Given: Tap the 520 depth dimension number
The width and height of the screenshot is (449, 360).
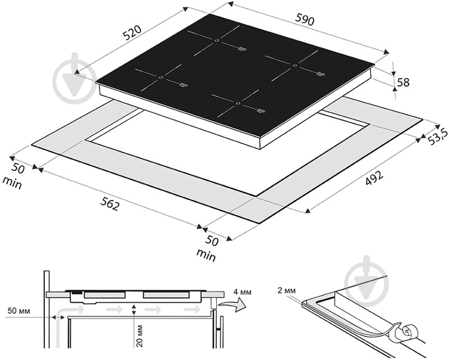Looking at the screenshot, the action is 132,32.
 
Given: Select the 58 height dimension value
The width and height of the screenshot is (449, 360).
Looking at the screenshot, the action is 403,83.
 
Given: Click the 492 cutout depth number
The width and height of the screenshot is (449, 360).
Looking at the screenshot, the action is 374,177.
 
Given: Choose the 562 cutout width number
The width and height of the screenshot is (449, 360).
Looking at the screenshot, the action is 109,204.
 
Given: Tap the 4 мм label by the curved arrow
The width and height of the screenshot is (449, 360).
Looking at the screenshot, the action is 242,292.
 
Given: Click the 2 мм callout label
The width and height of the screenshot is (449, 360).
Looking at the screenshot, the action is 286,290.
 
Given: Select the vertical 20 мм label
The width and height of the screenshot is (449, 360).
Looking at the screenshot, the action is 140,336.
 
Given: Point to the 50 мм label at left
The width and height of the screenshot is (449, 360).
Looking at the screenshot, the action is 19,311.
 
